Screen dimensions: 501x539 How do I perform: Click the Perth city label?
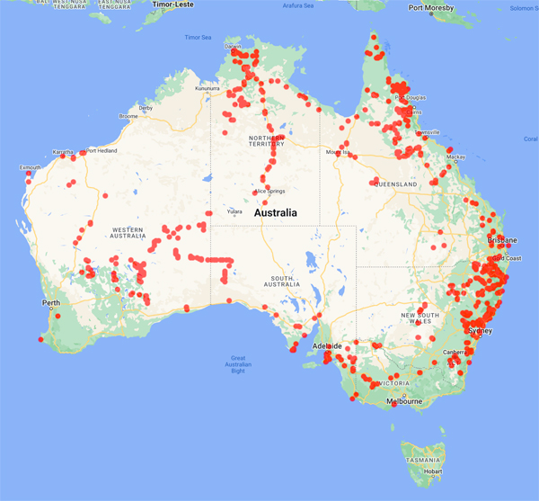point(50,302)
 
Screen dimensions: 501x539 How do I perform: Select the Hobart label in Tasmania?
point(434,470)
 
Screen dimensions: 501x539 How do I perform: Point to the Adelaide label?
point(325,345)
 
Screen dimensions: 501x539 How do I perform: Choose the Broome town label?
point(128,116)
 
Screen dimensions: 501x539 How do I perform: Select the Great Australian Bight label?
point(238,363)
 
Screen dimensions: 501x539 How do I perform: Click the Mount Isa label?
point(338,152)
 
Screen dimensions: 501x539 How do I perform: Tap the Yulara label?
point(234,210)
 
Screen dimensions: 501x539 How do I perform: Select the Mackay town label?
point(456,157)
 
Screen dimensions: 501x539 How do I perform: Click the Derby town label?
point(146,108)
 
